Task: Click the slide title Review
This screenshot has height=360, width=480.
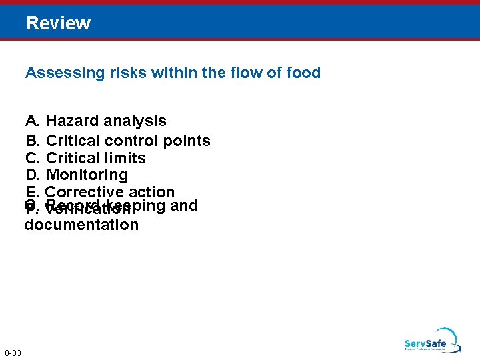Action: point(58,23)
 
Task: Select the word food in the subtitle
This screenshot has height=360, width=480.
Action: point(303,73)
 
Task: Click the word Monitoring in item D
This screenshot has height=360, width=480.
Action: point(87,175)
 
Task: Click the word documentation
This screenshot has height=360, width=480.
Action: point(81,225)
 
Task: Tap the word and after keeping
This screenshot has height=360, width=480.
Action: point(185,205)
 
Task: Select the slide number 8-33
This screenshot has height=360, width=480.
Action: point(12,353)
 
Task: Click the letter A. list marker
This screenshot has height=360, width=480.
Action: point(33,121)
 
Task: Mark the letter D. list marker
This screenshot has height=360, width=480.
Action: point(33,175)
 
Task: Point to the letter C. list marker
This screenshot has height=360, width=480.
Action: point(33,158)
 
